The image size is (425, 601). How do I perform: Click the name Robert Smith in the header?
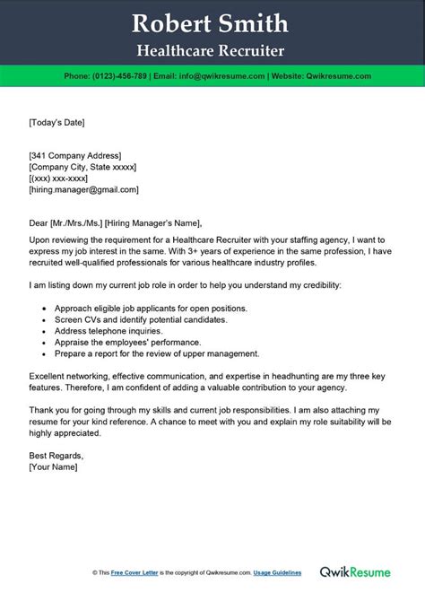tap(212, 22)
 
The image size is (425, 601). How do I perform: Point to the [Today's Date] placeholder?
tap(56, 121)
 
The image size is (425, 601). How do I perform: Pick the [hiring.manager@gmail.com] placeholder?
tap(83, 190)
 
